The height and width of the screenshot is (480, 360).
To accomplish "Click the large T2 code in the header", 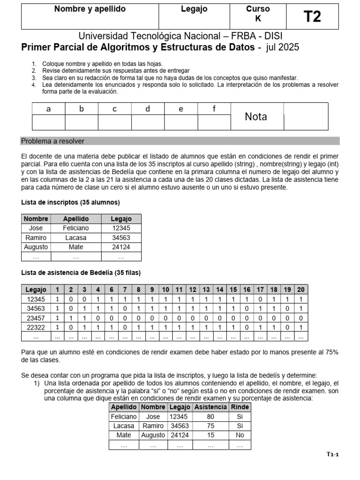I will point(312,17).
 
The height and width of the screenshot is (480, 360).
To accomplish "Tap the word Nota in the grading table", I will point(256,117).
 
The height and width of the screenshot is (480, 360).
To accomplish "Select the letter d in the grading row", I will point(148,109).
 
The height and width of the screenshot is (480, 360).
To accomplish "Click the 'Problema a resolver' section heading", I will point(53,141).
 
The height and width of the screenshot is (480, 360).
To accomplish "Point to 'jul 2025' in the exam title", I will point(282,47).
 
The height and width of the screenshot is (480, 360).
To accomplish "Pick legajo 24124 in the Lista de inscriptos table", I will point(121,247).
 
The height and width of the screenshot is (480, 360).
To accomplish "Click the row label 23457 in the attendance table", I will point(36,318).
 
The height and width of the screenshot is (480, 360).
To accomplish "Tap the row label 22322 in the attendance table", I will point(36,327).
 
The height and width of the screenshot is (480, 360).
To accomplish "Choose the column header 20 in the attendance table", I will point(300,290).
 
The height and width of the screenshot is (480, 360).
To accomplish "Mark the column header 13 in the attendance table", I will point(205,290).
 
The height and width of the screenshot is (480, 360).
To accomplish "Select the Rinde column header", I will point(240,407).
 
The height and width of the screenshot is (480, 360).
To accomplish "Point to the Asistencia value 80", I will point(210,417).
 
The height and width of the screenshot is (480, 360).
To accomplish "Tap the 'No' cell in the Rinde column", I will point(240,435).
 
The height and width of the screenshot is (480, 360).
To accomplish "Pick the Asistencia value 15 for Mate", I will point(210,435).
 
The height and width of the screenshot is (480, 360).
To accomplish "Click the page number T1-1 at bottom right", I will point(332,455).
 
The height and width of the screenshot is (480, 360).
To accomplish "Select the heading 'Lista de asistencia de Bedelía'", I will point(81,273).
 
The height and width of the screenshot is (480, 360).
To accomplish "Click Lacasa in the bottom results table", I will point(124,426).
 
